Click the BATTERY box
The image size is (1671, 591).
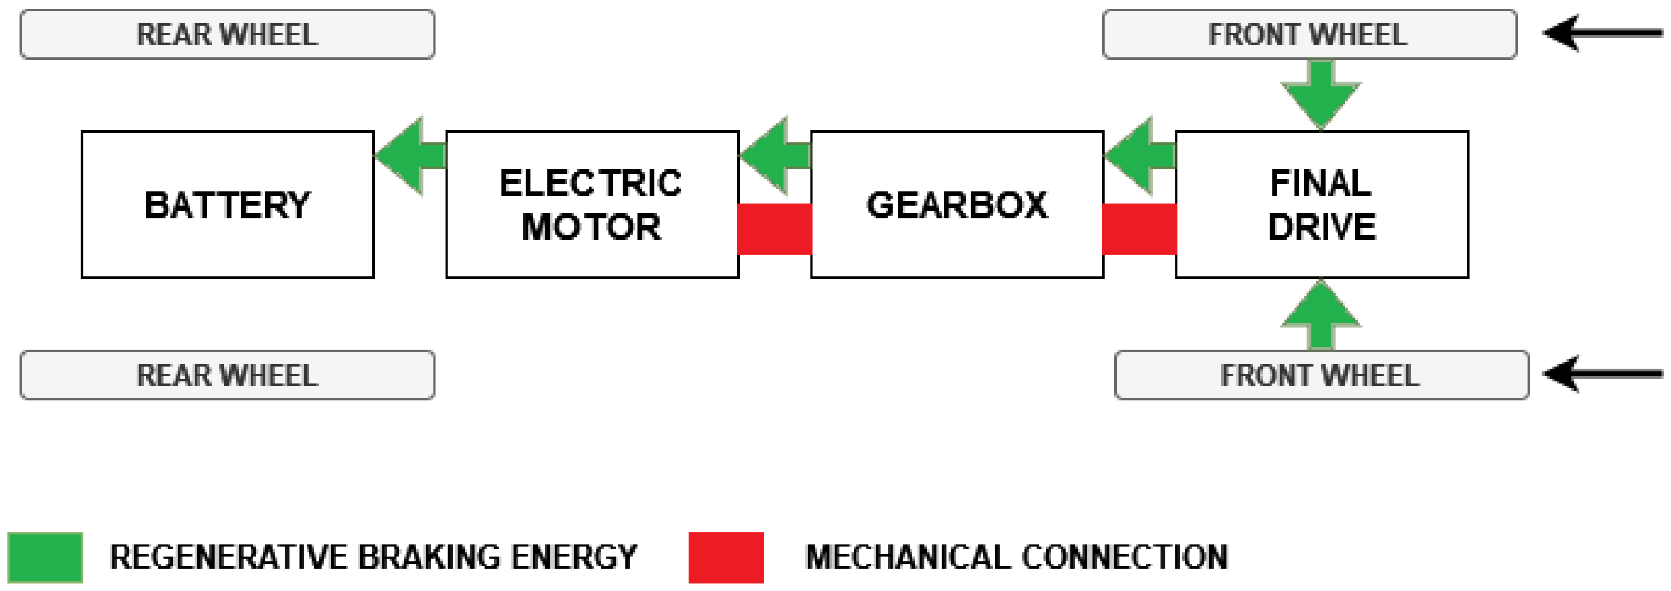pos(227,204)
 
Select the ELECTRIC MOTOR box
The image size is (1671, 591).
pos(592,204)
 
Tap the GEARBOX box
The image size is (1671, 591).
pos(957,204)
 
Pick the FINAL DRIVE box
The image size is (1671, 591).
pos(1321,204)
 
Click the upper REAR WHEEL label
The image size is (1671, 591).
pos(227,34)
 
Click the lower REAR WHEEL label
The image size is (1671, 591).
pos(227,375)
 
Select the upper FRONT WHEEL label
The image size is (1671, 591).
pos(1309,34)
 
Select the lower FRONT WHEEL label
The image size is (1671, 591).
pos(1321,375)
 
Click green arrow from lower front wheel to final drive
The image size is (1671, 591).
pos(1321,315)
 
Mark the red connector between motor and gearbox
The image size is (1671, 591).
pos(775,228)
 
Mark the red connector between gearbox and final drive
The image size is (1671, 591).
pos(1139,228)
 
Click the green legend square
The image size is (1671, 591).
pos(45,557)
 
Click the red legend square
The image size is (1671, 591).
pos(726,557)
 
